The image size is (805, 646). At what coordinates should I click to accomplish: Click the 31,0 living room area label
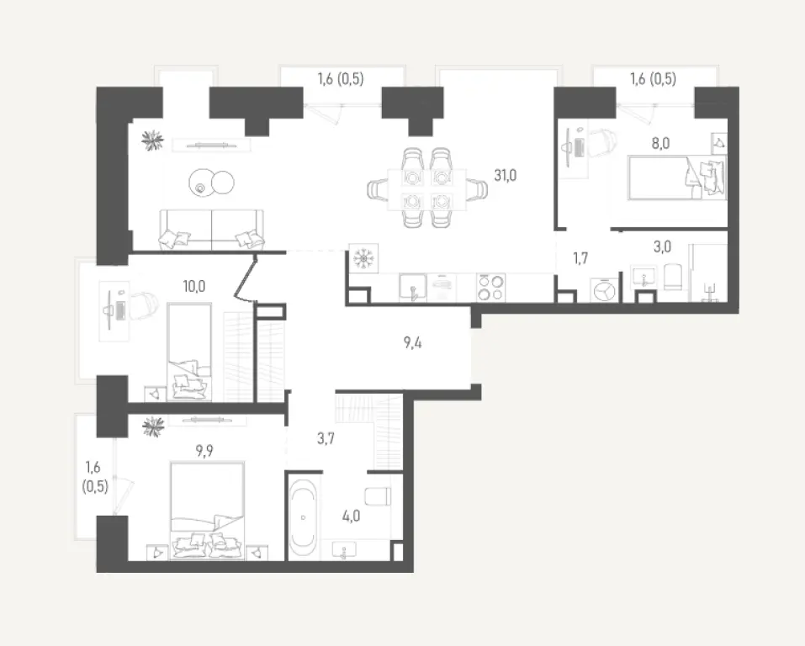click(505, 176)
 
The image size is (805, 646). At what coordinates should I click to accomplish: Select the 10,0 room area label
click(193, 284)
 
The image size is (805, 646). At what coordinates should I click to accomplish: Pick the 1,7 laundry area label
click(580, 257)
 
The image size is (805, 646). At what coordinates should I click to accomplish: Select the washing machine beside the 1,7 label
click(603, 289)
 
